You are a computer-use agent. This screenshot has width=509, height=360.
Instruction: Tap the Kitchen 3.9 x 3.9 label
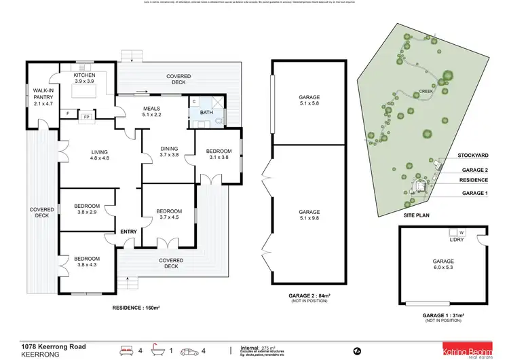(x=86, y=77)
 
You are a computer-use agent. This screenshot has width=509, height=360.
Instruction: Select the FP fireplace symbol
(x=86, y=117)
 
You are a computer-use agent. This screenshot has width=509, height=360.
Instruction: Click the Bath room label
(x=206, y=113)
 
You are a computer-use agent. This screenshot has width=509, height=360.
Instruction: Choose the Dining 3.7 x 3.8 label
(x=168, y=151)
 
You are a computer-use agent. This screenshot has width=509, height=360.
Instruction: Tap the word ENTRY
(x=129, y=232)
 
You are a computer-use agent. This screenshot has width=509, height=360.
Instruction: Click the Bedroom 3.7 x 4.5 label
(x=168, y=214)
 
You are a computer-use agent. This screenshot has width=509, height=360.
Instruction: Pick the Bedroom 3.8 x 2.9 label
(x=87, y=209)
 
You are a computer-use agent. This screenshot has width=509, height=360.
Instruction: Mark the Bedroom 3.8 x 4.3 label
(x=87, y=262)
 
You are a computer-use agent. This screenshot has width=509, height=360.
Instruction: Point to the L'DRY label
(x=456, y=240)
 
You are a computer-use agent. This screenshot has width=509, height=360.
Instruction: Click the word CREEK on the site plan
(x=426, y=90)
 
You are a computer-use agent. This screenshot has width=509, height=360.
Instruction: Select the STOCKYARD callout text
(x=473, y=156)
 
